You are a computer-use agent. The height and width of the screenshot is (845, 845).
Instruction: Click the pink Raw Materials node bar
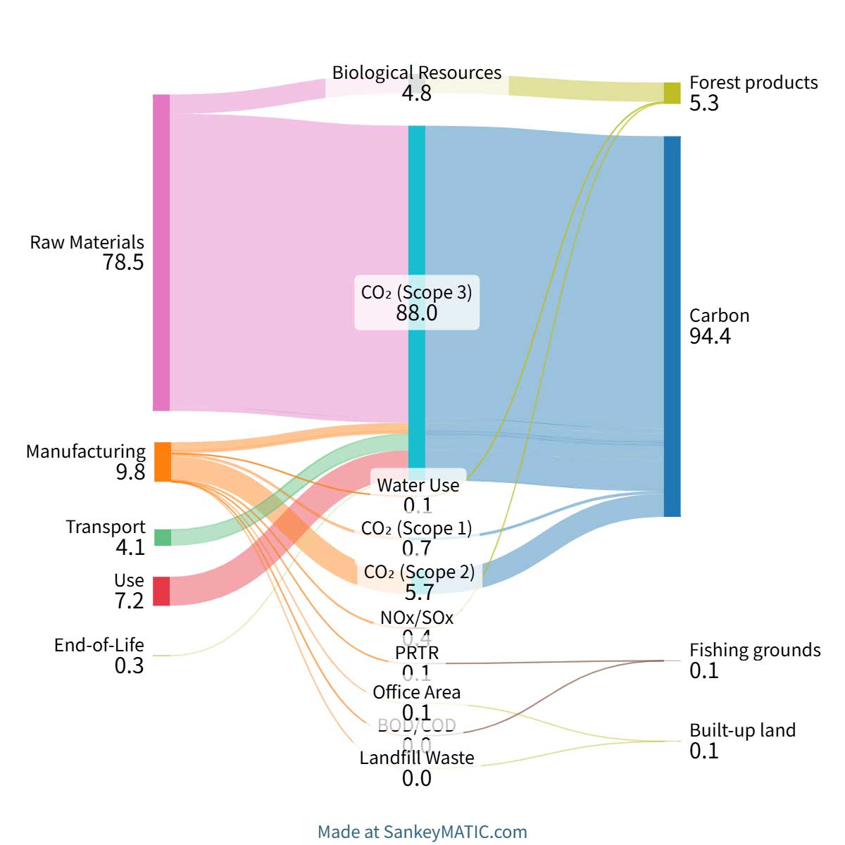(x=161, y=252)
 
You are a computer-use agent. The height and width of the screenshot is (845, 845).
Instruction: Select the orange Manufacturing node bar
(x=162, y=462)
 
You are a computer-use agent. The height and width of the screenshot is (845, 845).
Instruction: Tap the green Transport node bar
(x=162, y=537)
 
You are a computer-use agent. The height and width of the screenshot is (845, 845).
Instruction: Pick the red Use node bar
(x=162, y=591)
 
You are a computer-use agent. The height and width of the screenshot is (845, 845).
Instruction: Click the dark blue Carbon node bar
(x=672, y=326)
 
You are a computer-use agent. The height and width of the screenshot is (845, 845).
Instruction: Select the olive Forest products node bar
(x=672, y=93)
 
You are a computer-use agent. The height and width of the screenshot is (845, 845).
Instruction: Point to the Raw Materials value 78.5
(x=123, y=263)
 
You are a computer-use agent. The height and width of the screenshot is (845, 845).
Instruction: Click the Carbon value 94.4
(x=710, y=337)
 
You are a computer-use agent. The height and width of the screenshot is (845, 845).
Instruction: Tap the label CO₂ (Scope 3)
(x=416, y=292)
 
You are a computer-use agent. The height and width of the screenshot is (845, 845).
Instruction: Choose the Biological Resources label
(x=416, y=73)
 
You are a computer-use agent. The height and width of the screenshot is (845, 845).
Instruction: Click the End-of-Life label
(x=99, y=645)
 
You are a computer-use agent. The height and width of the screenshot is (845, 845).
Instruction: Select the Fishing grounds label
(x=755, y=650)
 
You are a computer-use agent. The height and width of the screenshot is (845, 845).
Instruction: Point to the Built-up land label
(x=742, y=730)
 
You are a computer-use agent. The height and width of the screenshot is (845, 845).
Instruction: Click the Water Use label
(x=418, y=485)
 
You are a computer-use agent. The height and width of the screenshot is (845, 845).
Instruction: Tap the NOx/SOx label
(x=417, y=618)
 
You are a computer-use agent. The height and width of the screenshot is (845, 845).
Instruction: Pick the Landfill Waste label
(x=416, y=758)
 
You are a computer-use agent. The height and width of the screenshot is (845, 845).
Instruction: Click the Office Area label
(x=416, y=692)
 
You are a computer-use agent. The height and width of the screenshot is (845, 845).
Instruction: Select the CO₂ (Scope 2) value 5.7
(x=418, y=592)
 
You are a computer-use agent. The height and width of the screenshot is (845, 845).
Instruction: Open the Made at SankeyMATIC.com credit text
(x=422, y=832)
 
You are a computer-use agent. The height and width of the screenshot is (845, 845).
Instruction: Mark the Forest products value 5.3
(x=703, y=104)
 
